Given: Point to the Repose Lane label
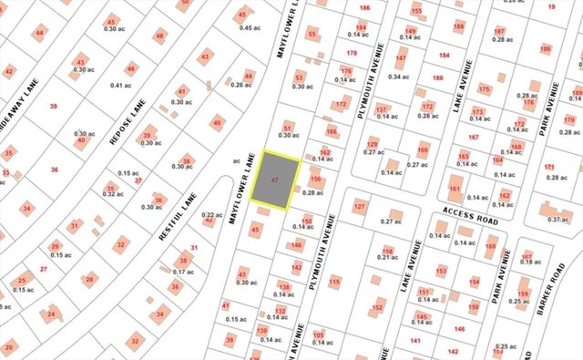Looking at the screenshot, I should tap(122, 118).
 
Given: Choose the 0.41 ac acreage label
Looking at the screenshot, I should tap(122, 85).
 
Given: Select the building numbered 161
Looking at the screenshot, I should tap(455, 191).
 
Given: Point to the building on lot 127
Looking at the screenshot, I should tap(361, 207).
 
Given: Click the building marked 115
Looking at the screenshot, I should tap(335, 282).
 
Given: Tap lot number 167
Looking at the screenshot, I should tap(473, 138).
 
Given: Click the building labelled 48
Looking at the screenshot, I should tap(160, 36).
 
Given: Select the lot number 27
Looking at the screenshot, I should tap(44, 270).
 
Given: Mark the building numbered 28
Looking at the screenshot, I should tap(88, 280).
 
